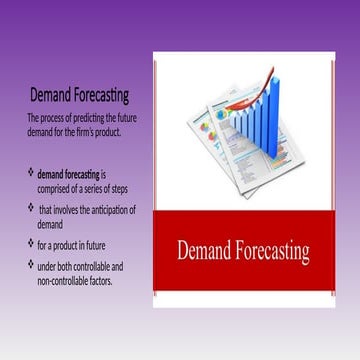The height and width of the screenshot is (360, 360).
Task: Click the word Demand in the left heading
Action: [52, 96]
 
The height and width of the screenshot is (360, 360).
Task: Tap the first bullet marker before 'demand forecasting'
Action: [30, 173]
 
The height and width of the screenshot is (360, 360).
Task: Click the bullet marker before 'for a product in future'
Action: [30, 243]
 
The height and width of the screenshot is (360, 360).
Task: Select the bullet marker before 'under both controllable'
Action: [30, 265]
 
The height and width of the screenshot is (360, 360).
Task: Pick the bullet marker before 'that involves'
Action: [30, 208]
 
